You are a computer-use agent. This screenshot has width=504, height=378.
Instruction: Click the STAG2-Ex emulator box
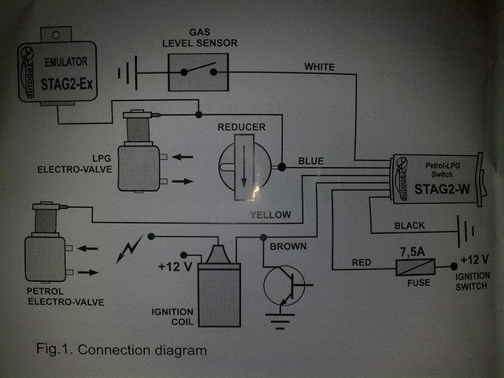tap(57, 72)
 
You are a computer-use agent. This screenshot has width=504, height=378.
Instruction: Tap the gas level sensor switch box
tap(198, 72)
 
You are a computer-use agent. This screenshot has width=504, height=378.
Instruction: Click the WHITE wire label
tap(320, 67)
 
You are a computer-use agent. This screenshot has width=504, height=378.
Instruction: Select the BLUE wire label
tap(311, 161)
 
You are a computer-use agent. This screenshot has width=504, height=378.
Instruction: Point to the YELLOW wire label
tap(271, 215)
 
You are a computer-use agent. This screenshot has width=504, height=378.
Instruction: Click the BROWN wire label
tap(288, 246)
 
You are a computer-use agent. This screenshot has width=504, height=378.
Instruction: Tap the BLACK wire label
tap(409, 226)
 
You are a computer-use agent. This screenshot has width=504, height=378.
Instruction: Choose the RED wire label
tap(361, 262)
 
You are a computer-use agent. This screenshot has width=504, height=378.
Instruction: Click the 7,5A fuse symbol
tap(415, 267)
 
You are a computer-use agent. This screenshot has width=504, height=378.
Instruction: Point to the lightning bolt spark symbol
tap(129, 249)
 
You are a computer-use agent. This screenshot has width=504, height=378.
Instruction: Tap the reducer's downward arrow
tap(244, 166)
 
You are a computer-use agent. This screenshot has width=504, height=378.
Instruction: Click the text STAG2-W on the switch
tap(442, 189)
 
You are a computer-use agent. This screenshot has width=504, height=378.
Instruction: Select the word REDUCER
tap(242, 127)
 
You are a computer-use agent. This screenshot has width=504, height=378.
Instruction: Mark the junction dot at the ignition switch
tap(454, 266)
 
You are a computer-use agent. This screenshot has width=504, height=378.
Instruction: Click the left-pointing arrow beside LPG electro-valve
tap(182, 157)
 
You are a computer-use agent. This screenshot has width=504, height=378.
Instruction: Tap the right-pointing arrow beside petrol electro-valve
tap(88, 272)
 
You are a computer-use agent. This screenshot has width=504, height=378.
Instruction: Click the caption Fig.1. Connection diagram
tap(121, 350)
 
